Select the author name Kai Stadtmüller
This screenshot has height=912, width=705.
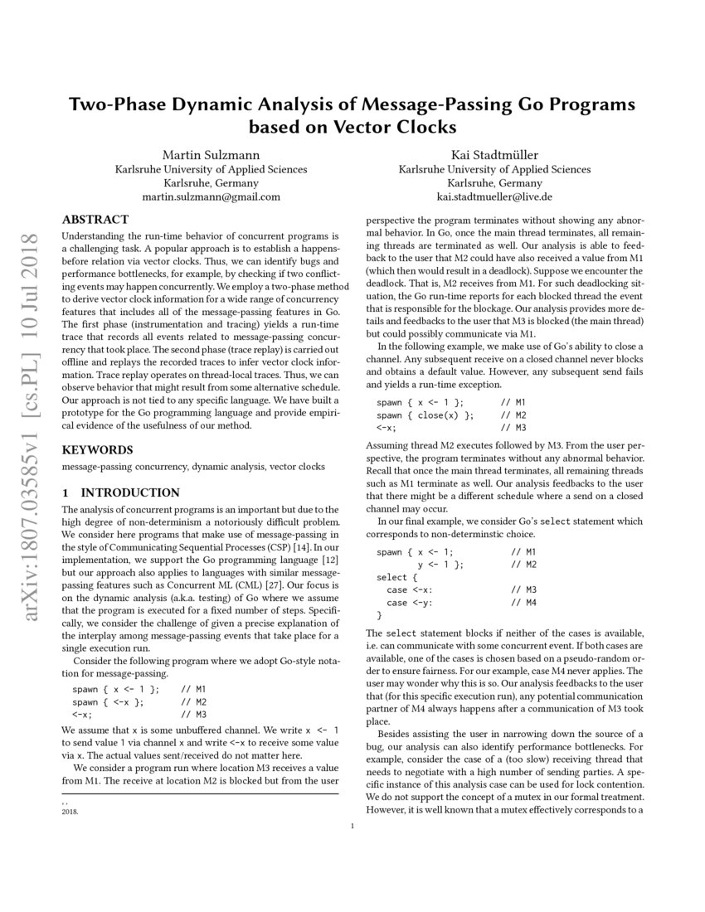pyautogui.click(x=494, y=154)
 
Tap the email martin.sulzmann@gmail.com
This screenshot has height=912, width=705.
pyautogui.click(x=211, y=197)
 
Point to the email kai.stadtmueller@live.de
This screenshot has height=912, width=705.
pyautogui.click(x=494, y=197)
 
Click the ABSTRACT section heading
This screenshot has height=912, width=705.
pyautogui.click(x=95, y=220)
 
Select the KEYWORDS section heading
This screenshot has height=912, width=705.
pyautogui.click(x=97, y=450)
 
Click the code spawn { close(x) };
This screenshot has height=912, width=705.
pyautogui.click(x=425, y=415)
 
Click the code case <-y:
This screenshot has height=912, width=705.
pyautogui.click(x=409, y=602)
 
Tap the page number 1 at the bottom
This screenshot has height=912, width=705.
pyautogui.click(x=352, y=826)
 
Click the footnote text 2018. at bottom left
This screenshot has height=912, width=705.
pyautogui.click(x=70, y=813)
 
